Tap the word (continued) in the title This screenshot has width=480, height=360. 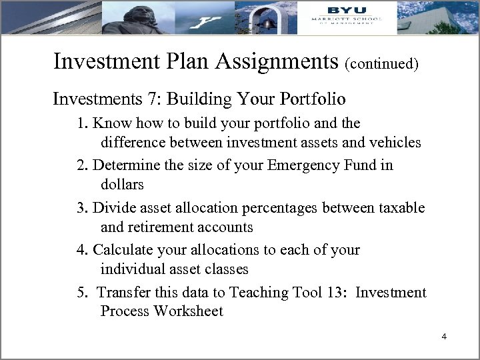pos(381,65)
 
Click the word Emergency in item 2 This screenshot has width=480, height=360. pos(297,165)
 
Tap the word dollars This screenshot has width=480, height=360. pos(122,183)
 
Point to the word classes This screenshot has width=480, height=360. pos(223,269)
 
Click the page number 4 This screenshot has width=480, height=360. pos(443,337)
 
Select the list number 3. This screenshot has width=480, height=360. pos(81,207)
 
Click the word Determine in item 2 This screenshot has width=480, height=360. pos(125,165)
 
